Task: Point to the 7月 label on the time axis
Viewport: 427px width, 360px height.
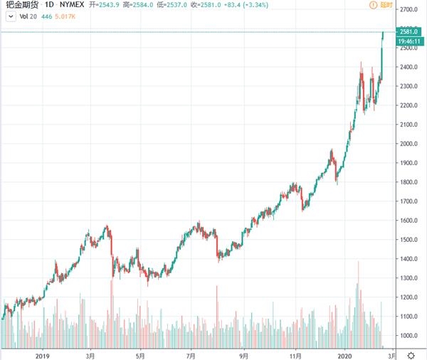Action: (x=191, y=354)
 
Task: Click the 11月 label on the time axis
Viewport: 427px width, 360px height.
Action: (x=295, y=354)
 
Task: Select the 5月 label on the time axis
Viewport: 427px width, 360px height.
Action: (x=140, y=354)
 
